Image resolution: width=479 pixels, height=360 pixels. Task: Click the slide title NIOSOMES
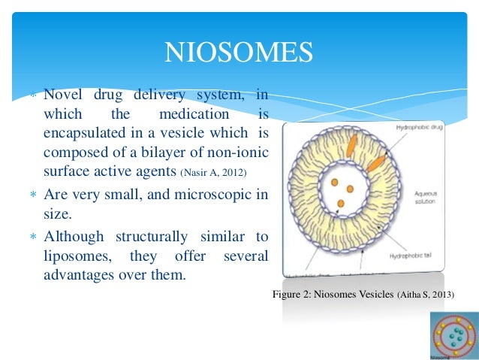[239, 53]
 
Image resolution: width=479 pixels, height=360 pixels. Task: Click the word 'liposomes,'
[77, 256]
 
